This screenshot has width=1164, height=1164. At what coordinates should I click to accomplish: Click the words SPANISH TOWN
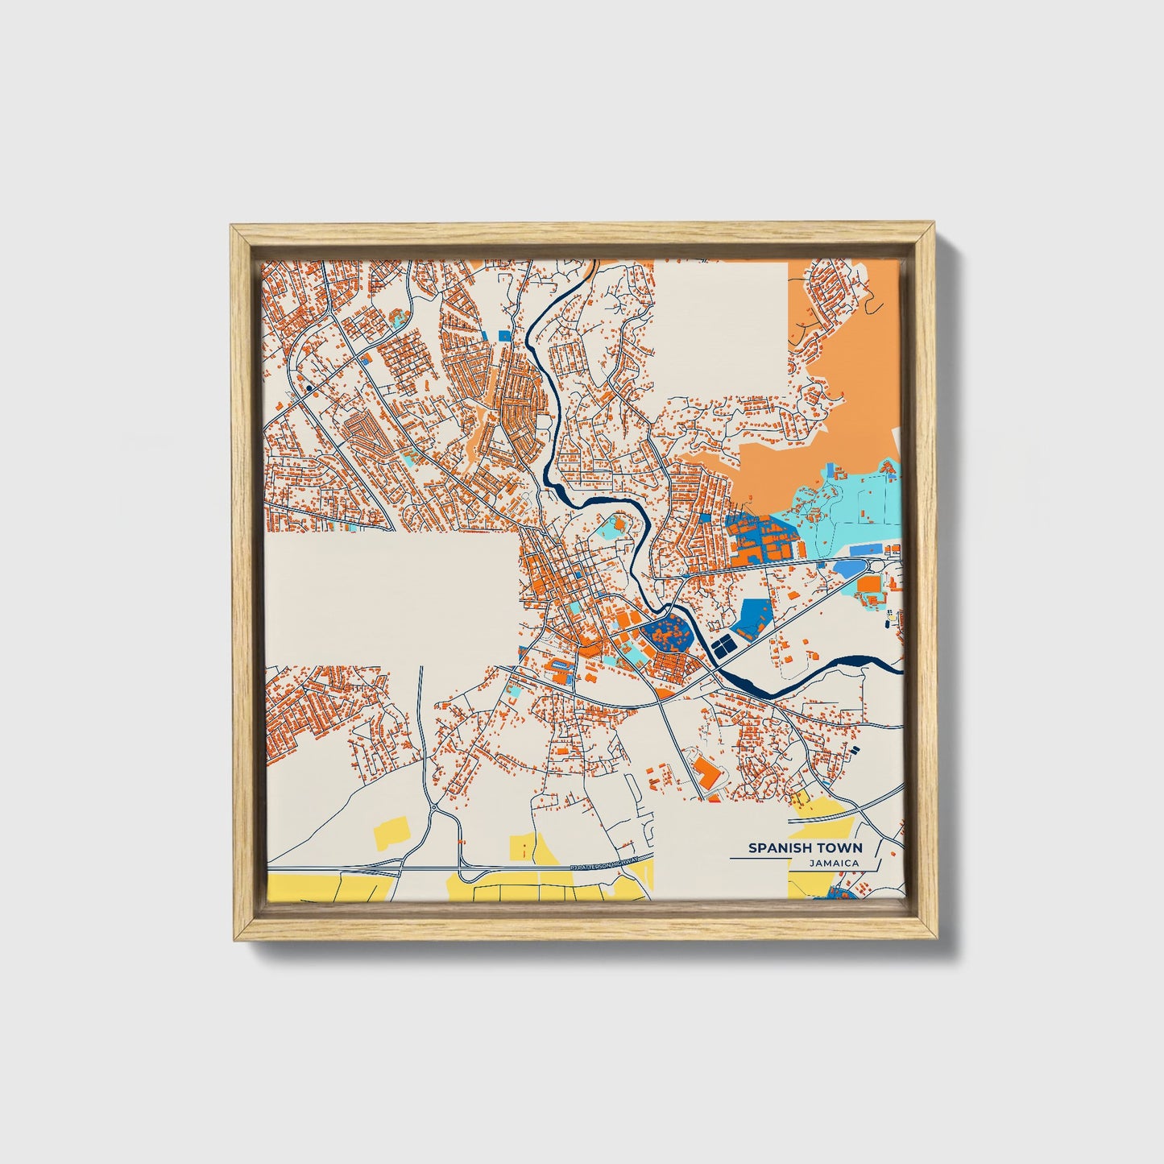tap(805, 847)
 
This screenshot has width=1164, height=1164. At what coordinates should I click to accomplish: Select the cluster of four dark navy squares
tap(723, 645)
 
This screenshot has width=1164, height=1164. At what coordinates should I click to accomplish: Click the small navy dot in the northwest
tap(309, 387)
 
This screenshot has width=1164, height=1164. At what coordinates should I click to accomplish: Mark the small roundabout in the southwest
tap(434, 807)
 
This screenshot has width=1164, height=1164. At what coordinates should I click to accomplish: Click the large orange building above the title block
tap(706, 771)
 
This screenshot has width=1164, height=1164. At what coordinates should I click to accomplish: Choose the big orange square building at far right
tap(869, 585)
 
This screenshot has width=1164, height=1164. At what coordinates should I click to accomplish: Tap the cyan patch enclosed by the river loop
tap(616, 528)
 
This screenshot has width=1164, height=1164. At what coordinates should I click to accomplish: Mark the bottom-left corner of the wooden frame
tap(233, 938)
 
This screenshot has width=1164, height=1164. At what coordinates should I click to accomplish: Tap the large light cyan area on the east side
tap(846, 512)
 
